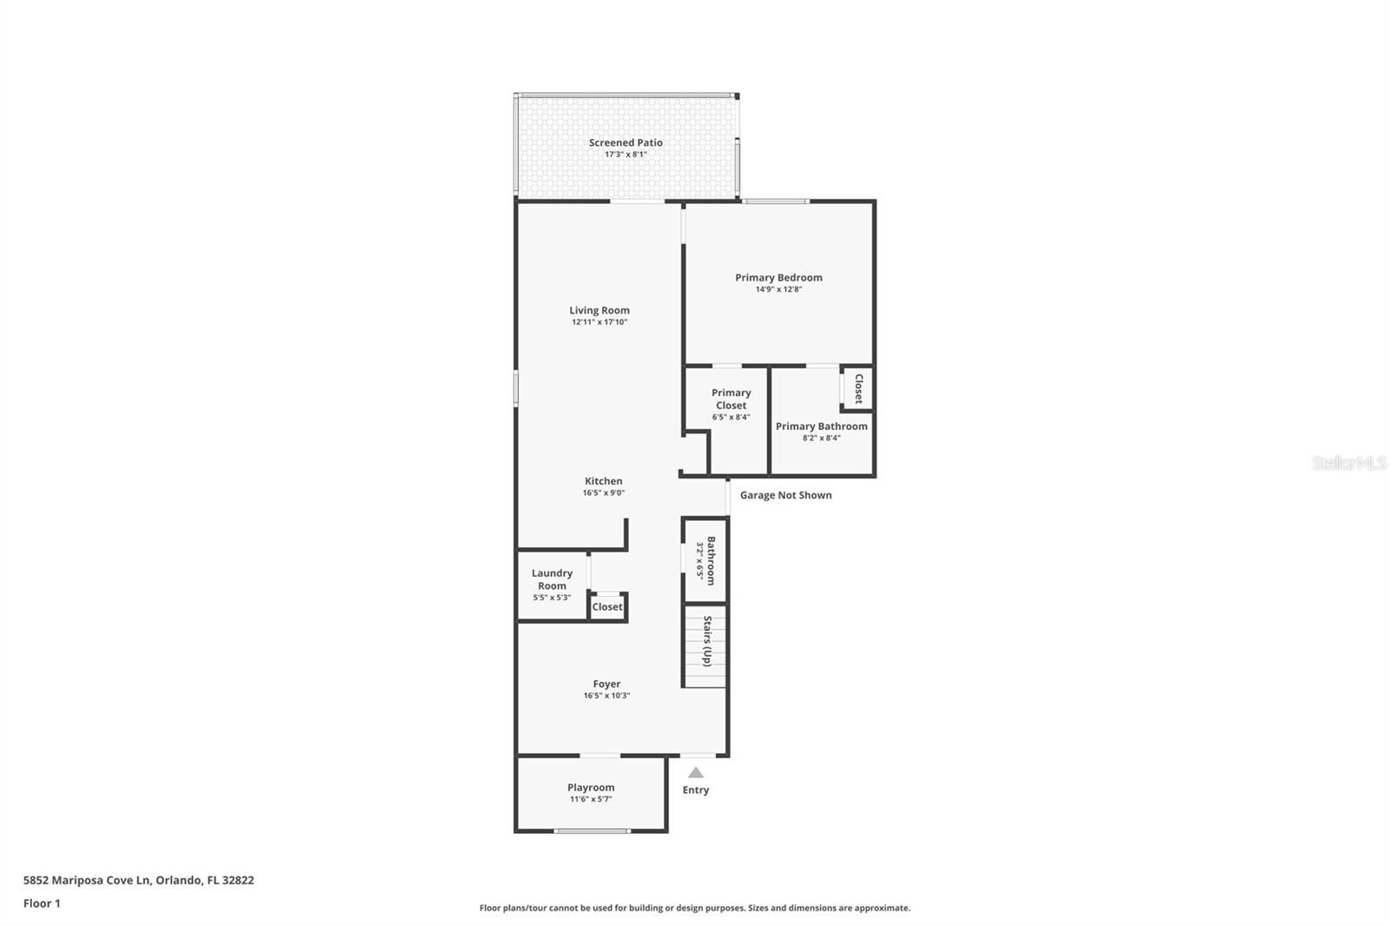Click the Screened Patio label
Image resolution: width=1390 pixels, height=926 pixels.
coord(625,142)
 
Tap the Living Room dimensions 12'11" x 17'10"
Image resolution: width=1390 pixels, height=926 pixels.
coord(599,322)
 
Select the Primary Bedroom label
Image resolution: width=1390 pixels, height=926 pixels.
coord(778,277)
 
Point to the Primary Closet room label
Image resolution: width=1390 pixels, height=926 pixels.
coord(731,399)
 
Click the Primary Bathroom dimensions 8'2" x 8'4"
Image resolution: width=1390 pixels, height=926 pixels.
coord(822,438)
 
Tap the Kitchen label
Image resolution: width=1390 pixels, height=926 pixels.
coord(603,481)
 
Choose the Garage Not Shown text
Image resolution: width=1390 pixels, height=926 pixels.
coord(785,495)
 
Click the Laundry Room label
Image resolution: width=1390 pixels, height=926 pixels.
coord(552,579)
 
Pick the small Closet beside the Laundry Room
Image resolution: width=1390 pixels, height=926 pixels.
coord(607,607)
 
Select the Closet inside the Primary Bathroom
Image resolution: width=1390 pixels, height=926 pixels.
coord(859,388)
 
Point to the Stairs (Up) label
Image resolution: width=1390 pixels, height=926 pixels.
coord(707,642)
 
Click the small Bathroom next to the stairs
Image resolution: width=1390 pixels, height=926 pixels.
coord(712,560)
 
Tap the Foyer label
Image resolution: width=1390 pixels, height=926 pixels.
coord(606,684)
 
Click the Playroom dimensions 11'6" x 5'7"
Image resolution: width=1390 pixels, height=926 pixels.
coord(591,799)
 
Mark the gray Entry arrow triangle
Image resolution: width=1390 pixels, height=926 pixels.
coord(696,773)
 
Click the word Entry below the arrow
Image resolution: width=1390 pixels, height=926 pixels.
coord(696,790)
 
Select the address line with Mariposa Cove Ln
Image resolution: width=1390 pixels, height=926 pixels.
coord(138,880)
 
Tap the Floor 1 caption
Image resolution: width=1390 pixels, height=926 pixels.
coord(42,903)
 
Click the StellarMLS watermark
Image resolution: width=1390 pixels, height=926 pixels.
coord(1348,463)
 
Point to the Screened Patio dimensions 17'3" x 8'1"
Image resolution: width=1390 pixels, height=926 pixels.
coord(625,155)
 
